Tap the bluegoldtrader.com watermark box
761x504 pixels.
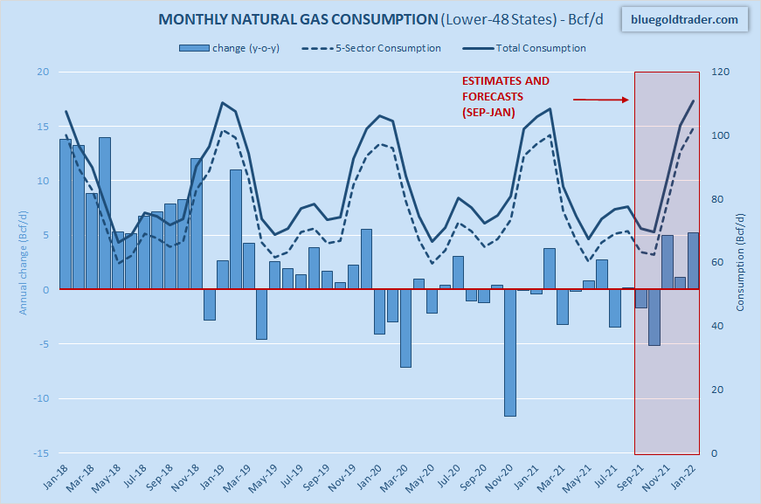click(684, 19)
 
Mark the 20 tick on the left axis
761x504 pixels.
click(41, 72)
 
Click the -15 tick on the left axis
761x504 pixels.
click(39, 453)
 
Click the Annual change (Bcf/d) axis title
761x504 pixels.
click(24, 263)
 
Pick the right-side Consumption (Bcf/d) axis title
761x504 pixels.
click(740, 263)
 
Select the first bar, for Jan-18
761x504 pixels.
click(65, 214)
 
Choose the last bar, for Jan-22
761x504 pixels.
click(693, 260)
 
